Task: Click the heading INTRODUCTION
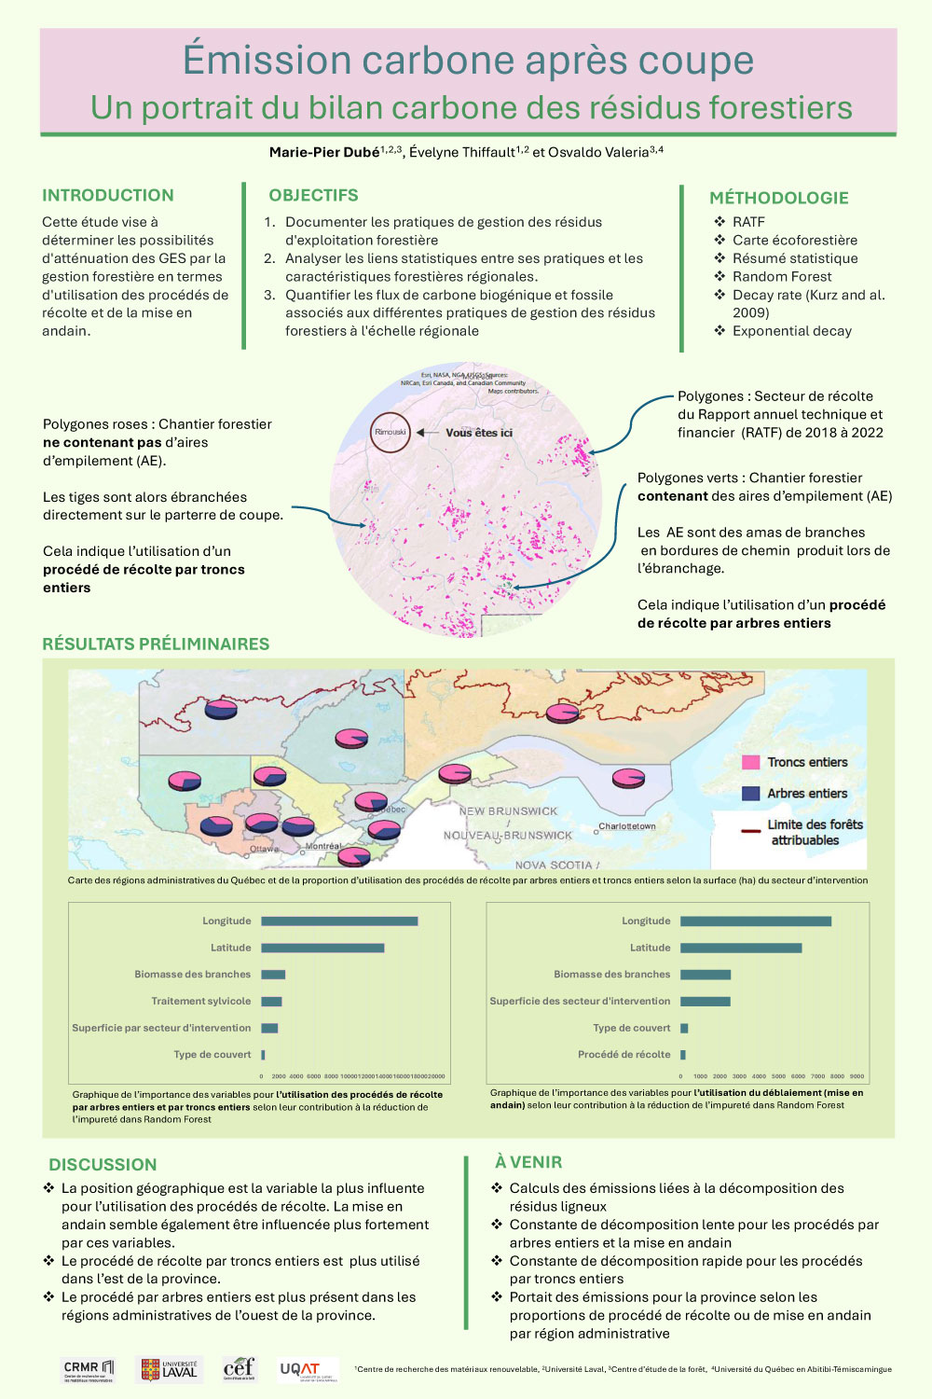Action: pos(108,195)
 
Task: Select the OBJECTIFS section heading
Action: pos(313,195)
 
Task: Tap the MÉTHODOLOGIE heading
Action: pos(779,198)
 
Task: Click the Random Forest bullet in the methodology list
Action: pos(782,276)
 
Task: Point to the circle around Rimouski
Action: pos(390,433)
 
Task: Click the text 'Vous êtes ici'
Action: pos(479,433)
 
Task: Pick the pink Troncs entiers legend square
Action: pos(750,762)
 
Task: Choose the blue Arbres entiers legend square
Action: pos(750,794)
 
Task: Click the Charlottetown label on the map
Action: pos(627,826)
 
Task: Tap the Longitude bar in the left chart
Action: pos(339,921)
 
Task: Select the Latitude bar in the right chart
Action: pos(741,948)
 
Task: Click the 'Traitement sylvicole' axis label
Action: pos(201,1001)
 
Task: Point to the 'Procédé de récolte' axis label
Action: pos(624,1054)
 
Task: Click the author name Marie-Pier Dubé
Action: pos(324,152)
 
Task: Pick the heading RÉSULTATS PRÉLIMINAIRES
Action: pos(156,644)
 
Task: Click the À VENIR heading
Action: pos(528,1162)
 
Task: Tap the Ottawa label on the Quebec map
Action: pos(264,849)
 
